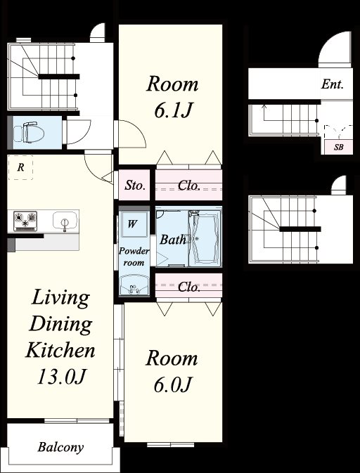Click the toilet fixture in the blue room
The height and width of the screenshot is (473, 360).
(29, 132)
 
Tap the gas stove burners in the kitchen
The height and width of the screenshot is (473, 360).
(25, 221)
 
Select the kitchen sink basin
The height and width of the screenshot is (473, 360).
(64, 221)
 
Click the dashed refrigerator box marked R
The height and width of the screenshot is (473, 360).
(20, 167)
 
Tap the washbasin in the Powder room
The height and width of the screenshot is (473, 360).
(134, 285)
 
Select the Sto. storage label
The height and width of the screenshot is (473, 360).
(135, 186)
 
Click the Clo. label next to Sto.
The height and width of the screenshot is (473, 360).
(189, 186)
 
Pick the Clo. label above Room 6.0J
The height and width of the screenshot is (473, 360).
(189, 287)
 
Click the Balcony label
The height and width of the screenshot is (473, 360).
(60, 447)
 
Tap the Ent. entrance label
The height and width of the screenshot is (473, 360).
(333, 84)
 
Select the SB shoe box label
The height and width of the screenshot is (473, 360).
(339, 148)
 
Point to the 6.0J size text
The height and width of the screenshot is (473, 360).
(172, 385)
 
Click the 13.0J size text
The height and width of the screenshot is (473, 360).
(62, 377)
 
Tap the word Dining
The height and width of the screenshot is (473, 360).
(60, 324)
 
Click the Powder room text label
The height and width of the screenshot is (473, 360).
(134, 257)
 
